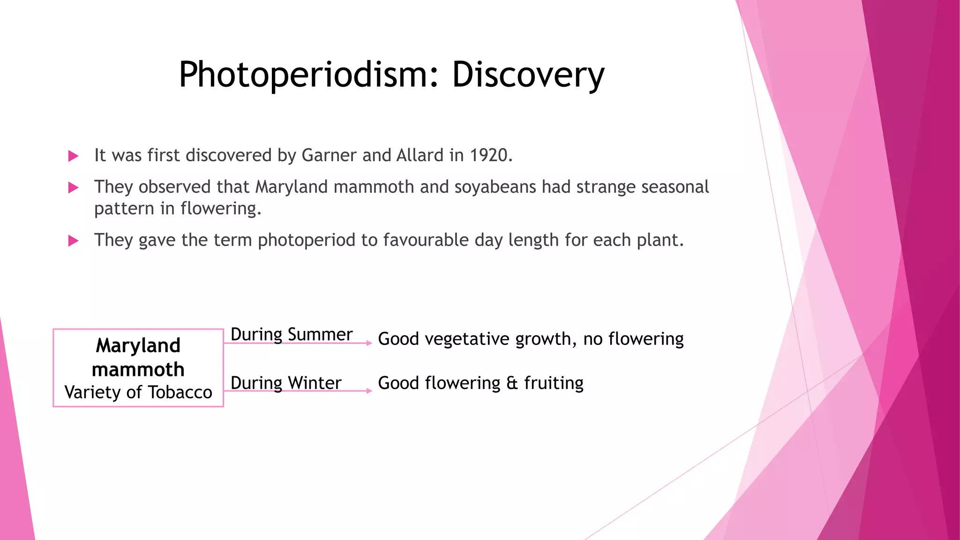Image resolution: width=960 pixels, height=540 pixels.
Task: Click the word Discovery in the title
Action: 528,75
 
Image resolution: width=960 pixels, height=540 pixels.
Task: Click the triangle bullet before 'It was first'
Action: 73,156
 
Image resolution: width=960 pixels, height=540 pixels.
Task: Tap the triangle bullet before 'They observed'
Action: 73,188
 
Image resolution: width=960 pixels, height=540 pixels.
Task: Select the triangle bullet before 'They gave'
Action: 73,241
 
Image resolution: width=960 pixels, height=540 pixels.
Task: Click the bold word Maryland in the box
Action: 138,345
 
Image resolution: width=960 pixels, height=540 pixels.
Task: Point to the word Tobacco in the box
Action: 180,392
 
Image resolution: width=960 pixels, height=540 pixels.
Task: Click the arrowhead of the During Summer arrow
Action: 369,343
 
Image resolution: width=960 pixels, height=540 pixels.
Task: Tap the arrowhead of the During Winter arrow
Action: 369,390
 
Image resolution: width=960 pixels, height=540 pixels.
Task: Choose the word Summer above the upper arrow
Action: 320,335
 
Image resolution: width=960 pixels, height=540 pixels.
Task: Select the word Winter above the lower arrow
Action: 315,383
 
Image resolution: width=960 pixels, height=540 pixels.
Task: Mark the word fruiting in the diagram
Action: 554,383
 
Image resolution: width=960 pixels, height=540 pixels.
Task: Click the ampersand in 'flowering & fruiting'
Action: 512,383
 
